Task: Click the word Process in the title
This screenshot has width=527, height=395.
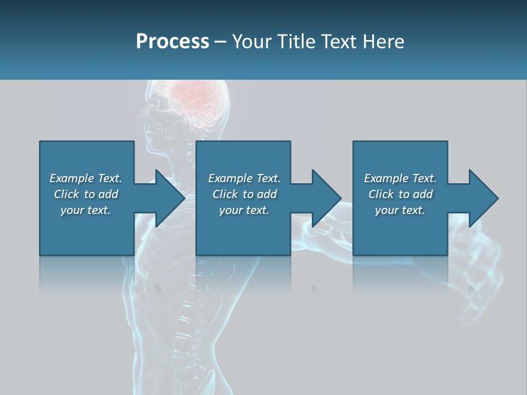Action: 172,42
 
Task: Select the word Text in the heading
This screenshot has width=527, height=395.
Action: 339,42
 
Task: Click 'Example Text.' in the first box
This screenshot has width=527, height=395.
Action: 86,178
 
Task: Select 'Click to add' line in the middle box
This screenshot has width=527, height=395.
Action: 244,194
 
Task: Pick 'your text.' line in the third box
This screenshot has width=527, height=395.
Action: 400,210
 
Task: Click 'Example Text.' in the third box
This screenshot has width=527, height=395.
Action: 400,178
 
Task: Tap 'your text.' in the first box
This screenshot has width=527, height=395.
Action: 86,210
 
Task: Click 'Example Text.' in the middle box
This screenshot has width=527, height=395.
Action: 244,178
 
